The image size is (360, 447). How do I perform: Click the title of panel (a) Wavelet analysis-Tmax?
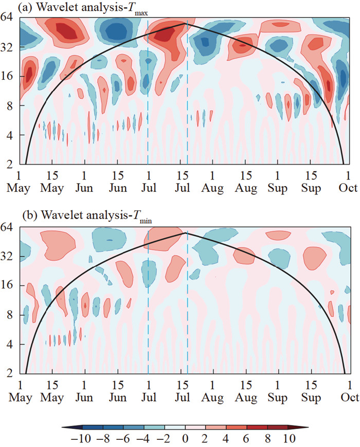[93, 9]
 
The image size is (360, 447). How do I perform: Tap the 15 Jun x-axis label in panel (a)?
[118, 183]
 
